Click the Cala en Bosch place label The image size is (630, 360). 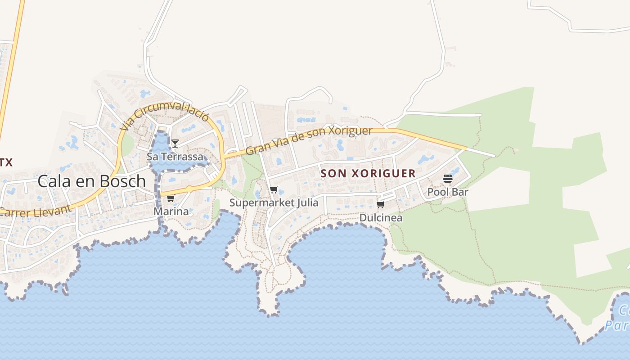[91, 181]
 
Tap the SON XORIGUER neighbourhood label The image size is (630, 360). [368, 174]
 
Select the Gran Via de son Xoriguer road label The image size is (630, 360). [309, 140]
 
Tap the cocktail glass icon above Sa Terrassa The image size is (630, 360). [175, 144]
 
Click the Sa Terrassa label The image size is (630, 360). [175, 157]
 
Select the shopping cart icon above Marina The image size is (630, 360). [171, 198]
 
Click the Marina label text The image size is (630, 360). [171, 211]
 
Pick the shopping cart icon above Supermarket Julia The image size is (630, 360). [274, 190]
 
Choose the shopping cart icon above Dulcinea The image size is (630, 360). [380, 205]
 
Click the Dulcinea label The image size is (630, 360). [381, 218]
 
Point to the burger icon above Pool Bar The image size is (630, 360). [447, 179]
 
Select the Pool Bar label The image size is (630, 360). [448, 192]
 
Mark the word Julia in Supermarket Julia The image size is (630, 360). [307, 202]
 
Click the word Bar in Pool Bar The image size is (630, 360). [460, 192]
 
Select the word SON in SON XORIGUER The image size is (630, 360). [331, 174]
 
